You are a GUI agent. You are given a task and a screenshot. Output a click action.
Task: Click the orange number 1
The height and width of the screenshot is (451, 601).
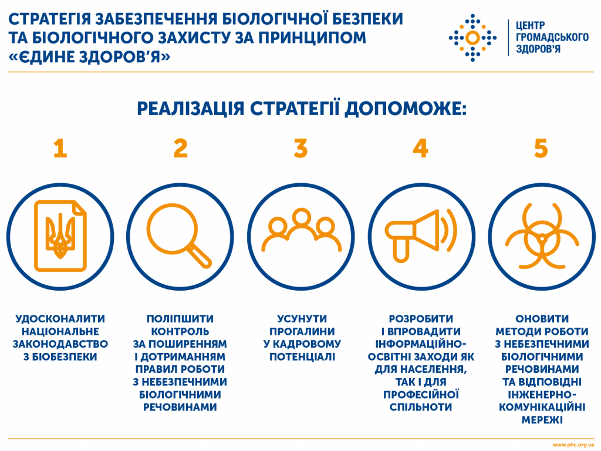(60, 149)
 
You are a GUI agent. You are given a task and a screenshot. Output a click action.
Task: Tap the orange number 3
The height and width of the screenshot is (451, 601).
(301, 149)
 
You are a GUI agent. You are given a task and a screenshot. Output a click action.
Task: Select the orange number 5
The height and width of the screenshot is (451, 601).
(541, 149)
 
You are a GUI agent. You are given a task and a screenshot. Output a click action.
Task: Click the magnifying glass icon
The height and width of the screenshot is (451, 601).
(179, 235)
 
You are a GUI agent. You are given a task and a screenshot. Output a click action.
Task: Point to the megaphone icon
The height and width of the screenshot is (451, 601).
(421, 235)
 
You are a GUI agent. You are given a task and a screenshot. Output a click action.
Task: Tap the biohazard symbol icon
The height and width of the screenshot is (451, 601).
(542, 235)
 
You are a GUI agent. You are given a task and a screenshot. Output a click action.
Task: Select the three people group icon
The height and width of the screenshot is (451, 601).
(301, 230)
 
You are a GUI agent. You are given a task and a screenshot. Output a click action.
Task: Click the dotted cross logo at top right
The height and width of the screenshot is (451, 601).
(472, 38)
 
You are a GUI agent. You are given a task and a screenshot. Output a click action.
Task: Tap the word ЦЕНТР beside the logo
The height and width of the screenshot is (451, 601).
(530, 26)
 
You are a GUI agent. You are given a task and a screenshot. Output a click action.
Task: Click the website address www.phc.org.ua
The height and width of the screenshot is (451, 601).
(573, 445)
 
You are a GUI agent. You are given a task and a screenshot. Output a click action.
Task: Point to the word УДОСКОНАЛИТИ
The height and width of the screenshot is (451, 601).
(60, 319)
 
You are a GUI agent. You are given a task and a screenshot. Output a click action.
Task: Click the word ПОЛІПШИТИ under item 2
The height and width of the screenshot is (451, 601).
(180, 319)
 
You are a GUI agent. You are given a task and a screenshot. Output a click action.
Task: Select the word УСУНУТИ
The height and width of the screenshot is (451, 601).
(302, 319)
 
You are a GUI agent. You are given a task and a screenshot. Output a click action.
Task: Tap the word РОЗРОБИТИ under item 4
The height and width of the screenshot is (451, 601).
(421, 319)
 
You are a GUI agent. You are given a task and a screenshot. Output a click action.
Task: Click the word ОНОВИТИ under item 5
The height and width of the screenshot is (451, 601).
(542, 319)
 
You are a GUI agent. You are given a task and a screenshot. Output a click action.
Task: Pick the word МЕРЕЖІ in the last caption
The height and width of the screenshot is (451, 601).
(542, 419)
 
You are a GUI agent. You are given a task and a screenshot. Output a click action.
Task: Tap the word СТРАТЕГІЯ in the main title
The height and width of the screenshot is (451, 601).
(49, 19)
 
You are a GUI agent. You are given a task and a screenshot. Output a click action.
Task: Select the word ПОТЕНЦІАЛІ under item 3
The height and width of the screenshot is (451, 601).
(302, 356)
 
